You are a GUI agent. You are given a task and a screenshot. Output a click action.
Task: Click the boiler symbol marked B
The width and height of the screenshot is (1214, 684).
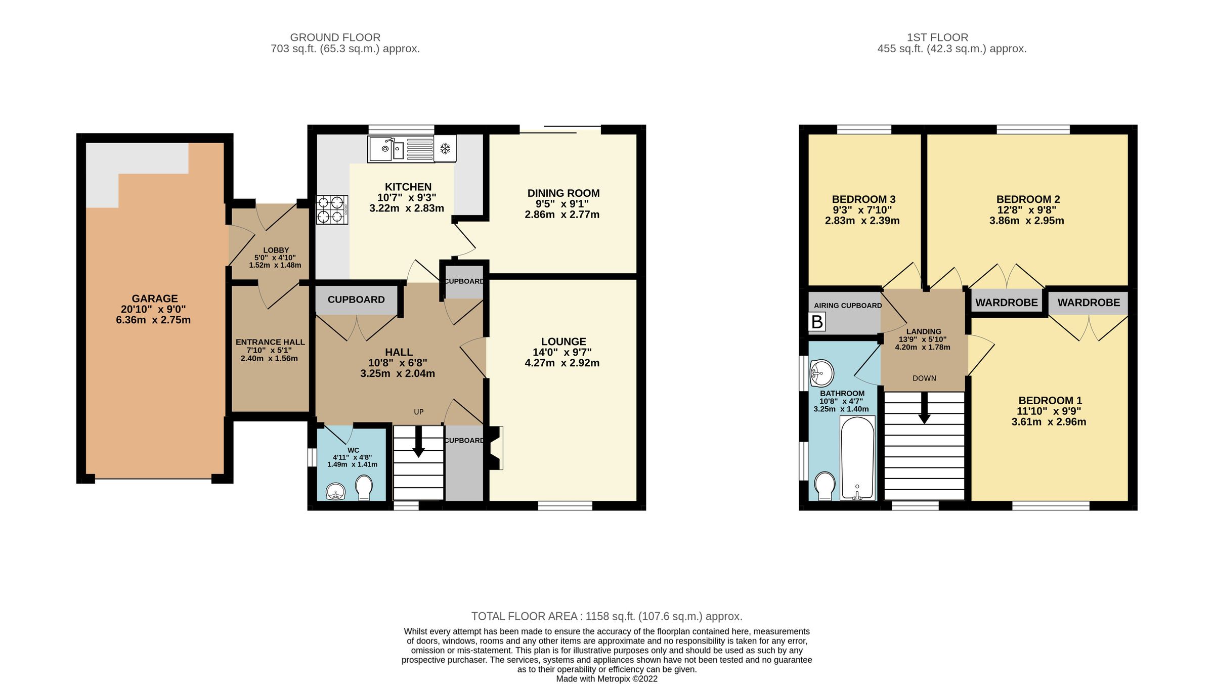click(x=817, y=322)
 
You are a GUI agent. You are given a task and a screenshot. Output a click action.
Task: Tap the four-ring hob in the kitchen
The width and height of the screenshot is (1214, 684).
click(x=332, y=210)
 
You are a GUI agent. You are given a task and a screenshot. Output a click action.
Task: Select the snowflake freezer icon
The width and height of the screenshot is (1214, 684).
click(x=445, y=149)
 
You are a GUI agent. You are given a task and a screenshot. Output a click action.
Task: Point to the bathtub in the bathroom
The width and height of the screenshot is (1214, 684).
click(x=857, y=458)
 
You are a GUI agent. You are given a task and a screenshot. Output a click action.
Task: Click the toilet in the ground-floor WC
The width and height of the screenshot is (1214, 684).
click(x=364, y=487)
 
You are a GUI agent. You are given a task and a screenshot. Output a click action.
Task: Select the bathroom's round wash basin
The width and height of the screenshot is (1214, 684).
click(x=821, y=373)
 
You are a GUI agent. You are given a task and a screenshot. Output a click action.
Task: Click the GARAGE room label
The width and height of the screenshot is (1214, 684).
click(x=155, y=298)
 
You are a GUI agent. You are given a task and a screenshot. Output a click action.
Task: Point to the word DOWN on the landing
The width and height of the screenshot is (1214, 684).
click(x=924, y=378)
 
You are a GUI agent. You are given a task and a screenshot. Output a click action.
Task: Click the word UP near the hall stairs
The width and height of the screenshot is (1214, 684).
click(x=419, y=412)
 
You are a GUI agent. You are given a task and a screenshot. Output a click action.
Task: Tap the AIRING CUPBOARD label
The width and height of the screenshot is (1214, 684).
click(x=847, y=306)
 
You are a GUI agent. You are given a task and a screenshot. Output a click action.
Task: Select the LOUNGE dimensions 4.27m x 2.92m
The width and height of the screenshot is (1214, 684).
click(x=562, y=363)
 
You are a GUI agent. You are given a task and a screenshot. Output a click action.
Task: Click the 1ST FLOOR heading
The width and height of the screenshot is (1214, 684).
click(x=937, y=37)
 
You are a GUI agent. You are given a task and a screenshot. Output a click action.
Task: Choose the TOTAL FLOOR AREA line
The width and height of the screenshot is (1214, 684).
click(x=606, y=616)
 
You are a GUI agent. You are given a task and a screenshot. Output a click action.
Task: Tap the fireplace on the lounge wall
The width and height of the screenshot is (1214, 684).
click(x=495, y=448)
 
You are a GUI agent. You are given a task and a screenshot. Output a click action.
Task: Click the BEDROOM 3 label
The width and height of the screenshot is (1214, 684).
click(x=863, y=199)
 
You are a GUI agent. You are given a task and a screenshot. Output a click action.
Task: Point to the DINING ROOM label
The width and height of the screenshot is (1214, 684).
click(x=563, y=193)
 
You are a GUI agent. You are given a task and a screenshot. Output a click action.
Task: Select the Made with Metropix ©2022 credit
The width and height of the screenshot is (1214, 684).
click(x=606, y=679)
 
